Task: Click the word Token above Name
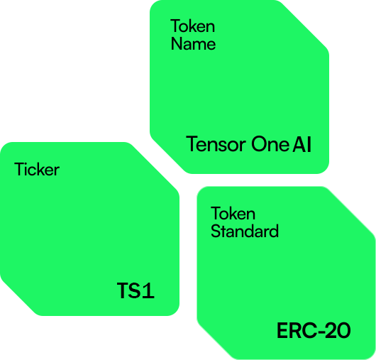[x=192, y=26]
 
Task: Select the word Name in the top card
[x=193, y=44]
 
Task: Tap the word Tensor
[x=216, y=144]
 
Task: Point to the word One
[x=270, y=144]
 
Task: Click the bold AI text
[x=302, y=144]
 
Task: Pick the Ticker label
[x=37, y=169]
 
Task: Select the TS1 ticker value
[x=136, y=290]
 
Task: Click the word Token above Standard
[x=233, y=213]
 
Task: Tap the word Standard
[x=245, y=231]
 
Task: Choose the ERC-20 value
[x=314, y=330]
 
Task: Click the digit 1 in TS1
[x=148, y=290]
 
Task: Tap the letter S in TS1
[x=135, y=290]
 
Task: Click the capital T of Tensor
[x=192, y=144]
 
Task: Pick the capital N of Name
[x=177, y=44]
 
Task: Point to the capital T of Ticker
[x=20, y=169]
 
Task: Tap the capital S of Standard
[x=216, y=231]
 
